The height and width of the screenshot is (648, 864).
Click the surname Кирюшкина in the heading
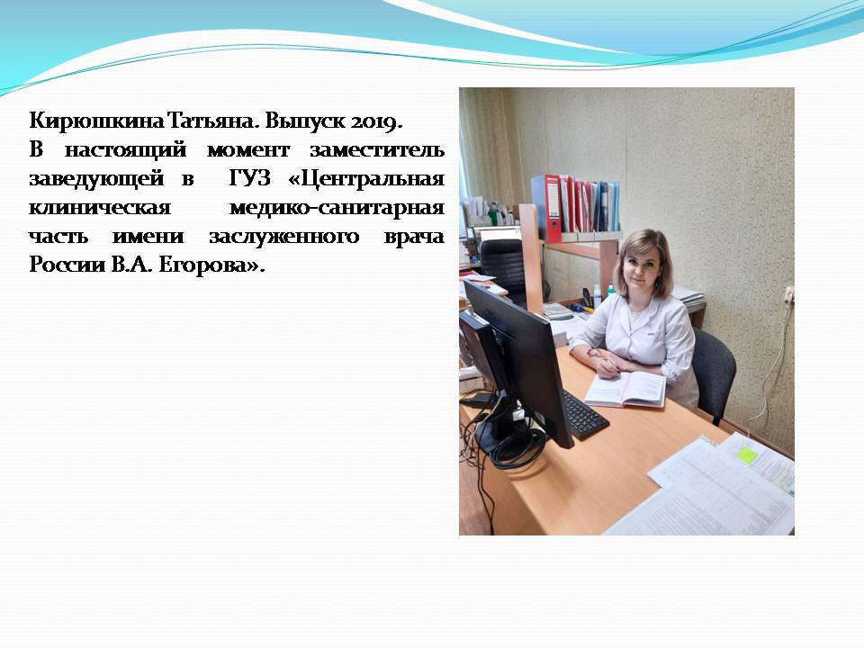(96, 121)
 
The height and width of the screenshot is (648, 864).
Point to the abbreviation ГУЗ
(249, 178)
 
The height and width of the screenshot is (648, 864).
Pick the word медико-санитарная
(337, 208)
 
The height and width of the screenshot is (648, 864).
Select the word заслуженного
(283, 237)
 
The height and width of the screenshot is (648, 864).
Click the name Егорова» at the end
(211, 265)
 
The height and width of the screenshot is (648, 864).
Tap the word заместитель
(377, 150)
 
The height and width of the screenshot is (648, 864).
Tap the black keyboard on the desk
(585, 414)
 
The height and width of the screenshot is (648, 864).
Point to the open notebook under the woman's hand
(625, 389)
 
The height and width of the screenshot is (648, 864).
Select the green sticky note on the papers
(746, 454)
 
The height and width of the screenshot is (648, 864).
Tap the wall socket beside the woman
(788, 296)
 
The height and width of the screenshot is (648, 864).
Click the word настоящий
(125, 150)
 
